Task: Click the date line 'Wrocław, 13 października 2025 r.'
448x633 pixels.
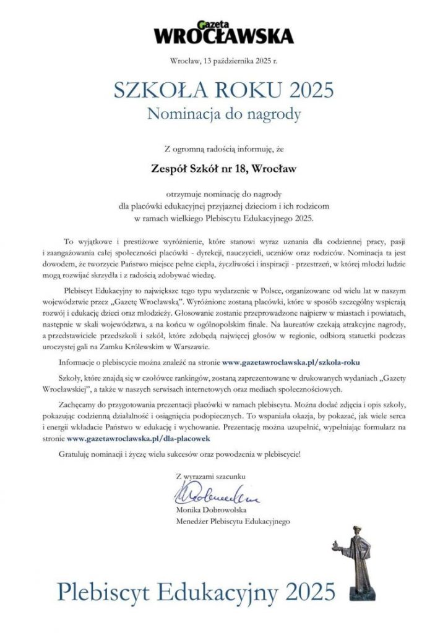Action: click(223, 61)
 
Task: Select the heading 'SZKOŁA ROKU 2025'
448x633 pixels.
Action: click(223, 90)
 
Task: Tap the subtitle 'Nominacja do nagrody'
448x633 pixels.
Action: click(223, 114)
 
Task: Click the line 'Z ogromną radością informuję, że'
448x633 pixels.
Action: click(223, 148)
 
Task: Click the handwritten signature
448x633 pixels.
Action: click(211, 494)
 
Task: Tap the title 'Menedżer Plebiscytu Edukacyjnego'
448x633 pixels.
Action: click(233, 522)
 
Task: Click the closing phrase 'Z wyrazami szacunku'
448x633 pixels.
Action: click(211, 477)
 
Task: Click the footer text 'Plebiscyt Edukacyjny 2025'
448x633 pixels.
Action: click(197, 591)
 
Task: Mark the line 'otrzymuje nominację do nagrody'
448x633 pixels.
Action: click(223, 194)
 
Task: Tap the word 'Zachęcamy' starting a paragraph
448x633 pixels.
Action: click(83, 403)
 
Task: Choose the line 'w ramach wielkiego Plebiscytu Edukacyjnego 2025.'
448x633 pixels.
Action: click(223, 218)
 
